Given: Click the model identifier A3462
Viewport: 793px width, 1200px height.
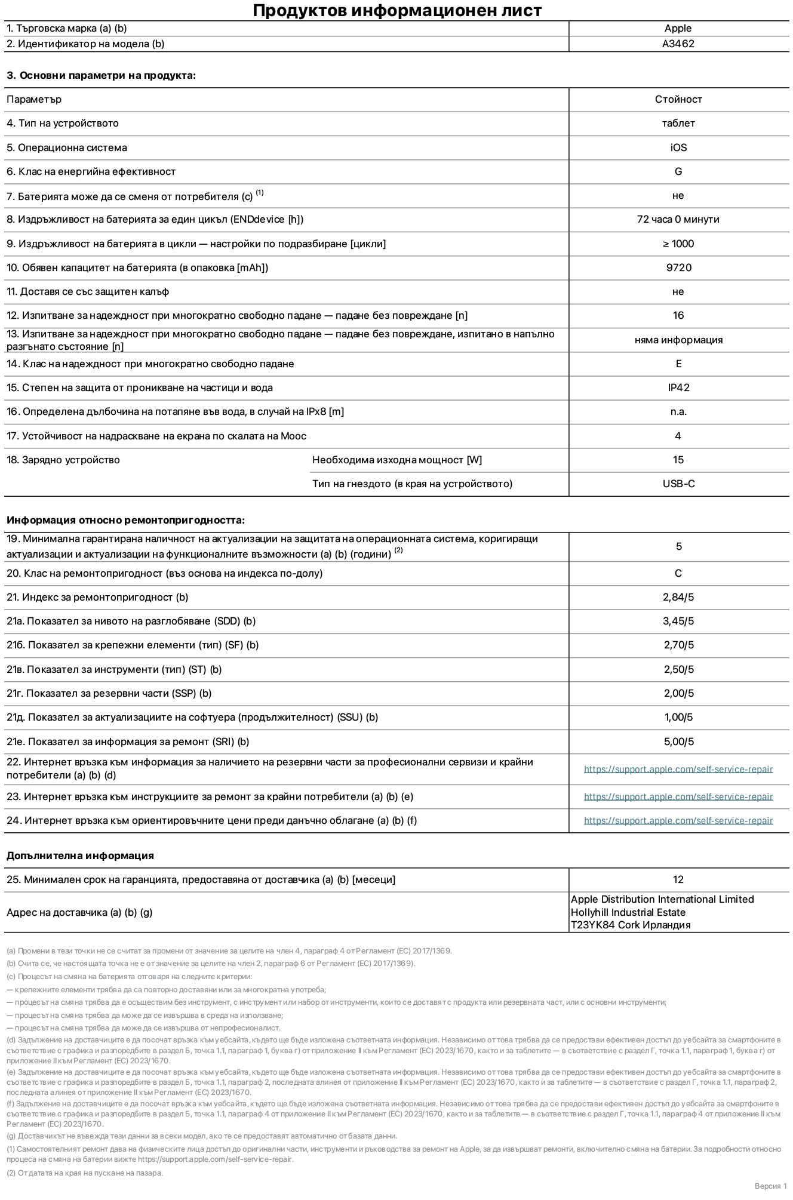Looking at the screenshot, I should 678,44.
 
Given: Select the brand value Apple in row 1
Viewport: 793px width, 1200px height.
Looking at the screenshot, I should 678,28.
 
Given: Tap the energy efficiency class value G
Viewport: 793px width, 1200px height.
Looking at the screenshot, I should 678,171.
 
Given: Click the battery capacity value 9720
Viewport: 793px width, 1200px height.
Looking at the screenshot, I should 678,267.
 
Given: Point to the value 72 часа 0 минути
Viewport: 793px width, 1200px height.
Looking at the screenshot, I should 678,219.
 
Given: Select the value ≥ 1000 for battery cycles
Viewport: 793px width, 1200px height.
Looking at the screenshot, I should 678,244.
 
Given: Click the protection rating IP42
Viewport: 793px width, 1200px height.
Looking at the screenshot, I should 678,387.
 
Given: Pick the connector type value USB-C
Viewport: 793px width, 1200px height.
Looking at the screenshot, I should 678,484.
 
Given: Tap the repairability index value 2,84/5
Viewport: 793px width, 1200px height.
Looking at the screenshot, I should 678,597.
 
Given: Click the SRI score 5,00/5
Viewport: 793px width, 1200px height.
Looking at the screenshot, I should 678,741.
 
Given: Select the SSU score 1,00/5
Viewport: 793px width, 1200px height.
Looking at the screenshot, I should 678,717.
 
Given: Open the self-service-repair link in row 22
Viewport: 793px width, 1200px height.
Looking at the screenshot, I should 678,769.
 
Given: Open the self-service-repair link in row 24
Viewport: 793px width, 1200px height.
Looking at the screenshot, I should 678,820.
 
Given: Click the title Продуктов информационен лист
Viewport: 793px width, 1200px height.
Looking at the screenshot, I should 397,10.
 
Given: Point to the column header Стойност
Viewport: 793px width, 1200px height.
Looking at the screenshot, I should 678,99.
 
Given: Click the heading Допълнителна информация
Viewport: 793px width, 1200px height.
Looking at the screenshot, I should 80,856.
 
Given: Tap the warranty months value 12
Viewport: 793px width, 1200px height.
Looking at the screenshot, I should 678,879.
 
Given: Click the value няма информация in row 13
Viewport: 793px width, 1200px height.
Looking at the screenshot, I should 678,340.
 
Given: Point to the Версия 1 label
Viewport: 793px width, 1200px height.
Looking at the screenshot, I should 770,1186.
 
